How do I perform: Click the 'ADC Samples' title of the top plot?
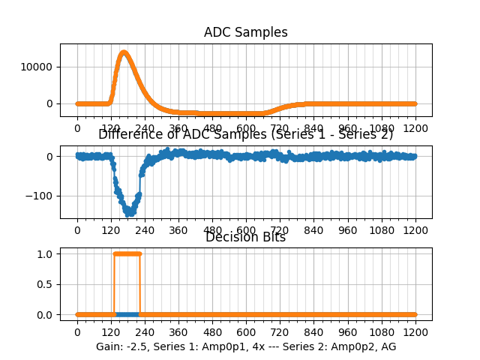coord(246,33)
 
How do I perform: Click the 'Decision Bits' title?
coord(246,238)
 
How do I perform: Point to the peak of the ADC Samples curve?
coord(124,52)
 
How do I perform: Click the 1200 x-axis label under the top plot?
coord(415,128)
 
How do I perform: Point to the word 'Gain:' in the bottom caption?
coord(110,347)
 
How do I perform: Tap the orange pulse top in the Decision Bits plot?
coord(127,253)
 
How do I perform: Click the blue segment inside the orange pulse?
coord(127,314)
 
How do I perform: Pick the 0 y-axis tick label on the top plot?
coord(50,103)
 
